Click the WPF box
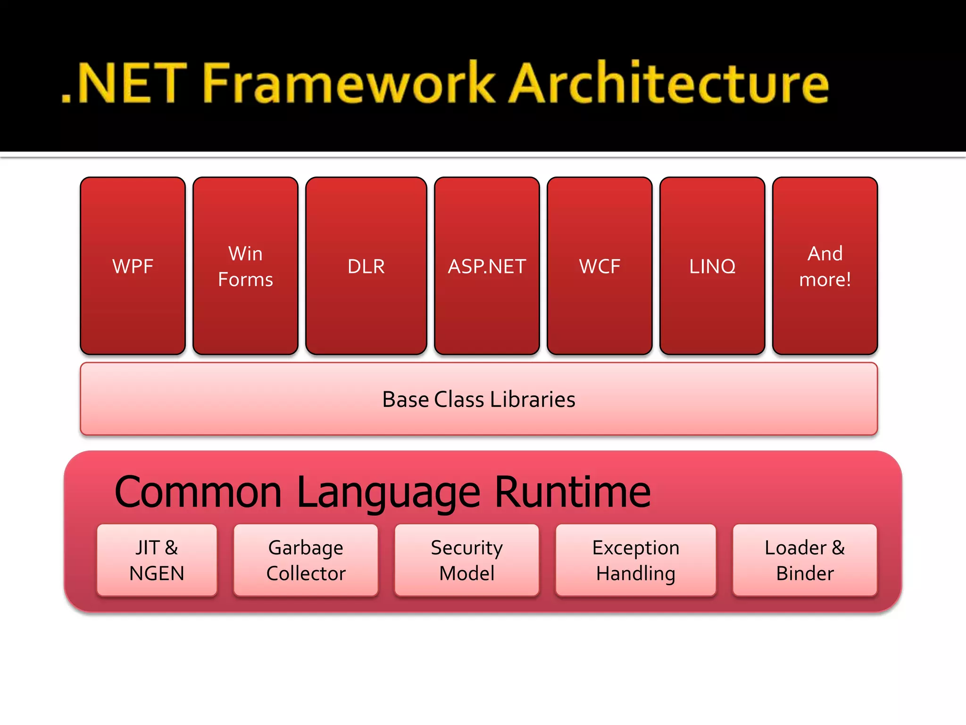(133, 266)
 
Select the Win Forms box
(245, 266)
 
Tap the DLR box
(366, 266)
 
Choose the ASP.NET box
(487, 266)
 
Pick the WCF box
(600, 266)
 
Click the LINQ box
(712, 266)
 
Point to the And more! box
(825, 266)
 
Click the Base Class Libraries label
(479, 399)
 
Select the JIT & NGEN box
(157, 560)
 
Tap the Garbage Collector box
(306, 560)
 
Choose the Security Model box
(466, 560)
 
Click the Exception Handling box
(635, 560)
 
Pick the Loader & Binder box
(805, 560)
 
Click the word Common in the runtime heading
(198, 492)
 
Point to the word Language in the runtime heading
(389, 492)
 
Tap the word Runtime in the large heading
(573, 492)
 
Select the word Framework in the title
(349, 84)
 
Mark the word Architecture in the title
(670, 84)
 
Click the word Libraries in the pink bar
(533, 399)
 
